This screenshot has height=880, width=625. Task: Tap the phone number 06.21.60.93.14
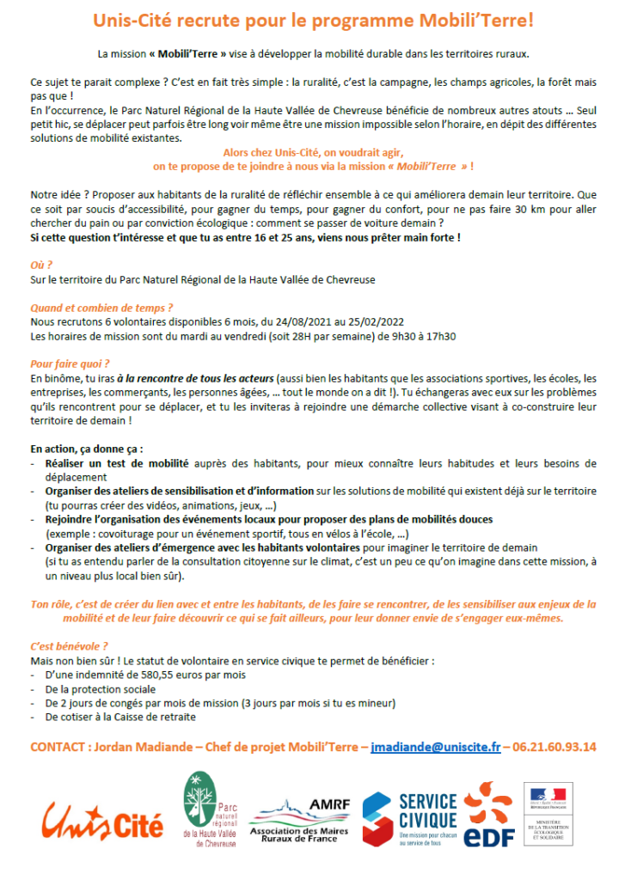tap(554, 747)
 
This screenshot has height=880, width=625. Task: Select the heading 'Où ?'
tap(41, 265)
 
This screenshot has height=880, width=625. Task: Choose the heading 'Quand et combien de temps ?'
tap(101, 307)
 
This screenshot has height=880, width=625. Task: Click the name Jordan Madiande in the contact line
tap(137, 747)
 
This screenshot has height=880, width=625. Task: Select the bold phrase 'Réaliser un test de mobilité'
tap(117, 464)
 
